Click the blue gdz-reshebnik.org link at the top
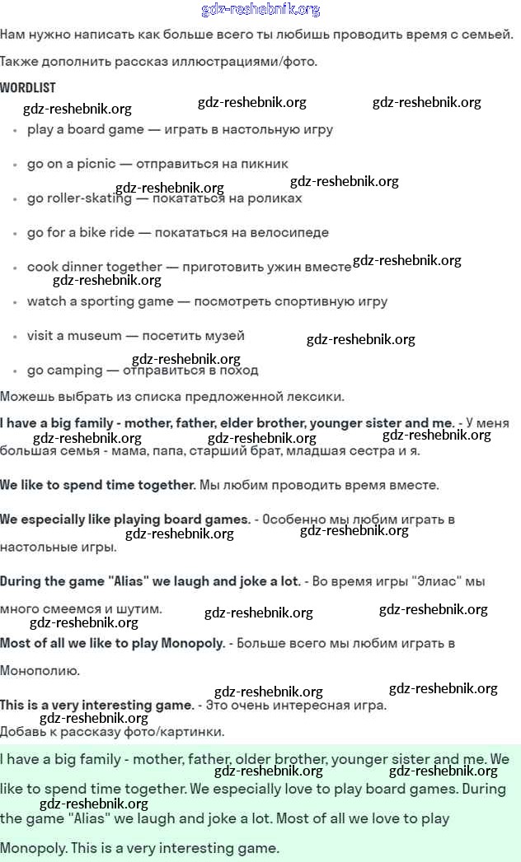260,10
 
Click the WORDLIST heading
28,87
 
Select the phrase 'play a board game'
86,129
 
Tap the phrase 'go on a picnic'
71,164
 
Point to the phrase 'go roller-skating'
79,198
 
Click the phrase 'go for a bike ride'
80,233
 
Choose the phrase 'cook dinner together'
94,267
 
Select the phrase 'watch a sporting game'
100,301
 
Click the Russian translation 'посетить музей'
193,336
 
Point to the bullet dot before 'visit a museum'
15,337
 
